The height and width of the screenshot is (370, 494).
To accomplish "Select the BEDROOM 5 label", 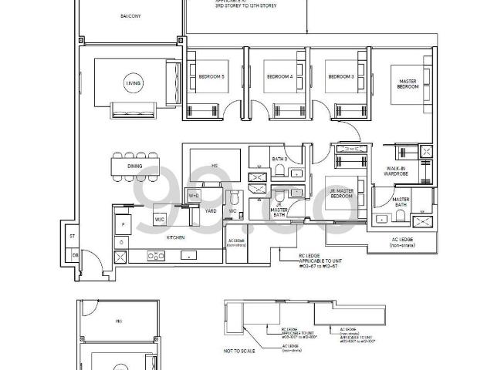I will pyautogui.click(x=211, y=77).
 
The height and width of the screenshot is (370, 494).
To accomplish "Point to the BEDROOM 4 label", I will pyautogui.click(x=279, y=77).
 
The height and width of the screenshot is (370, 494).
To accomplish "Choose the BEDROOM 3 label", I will pyautogui.click(x=340, y=77).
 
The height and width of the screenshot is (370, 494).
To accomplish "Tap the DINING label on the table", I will pyautogui.click(x=135, y=165).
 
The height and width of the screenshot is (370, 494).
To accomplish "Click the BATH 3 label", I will pyautogui.click(x=279, y=160).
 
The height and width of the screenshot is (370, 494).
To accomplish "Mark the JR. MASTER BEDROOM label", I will pyautogui.click(x=341, y=193).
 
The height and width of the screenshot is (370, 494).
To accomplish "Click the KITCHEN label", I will pyautogui.click(x=176, y=238).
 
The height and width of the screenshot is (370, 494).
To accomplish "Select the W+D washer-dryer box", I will pyautogui.click(x=194, y=196).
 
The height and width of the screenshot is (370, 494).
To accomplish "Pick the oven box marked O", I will pyautogui.click(x=120, y=241).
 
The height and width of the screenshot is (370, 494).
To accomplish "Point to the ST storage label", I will pyautogui.click(x=71, y=237).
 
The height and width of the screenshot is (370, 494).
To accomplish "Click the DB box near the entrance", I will pyautogui.click(x=74, y=254).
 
